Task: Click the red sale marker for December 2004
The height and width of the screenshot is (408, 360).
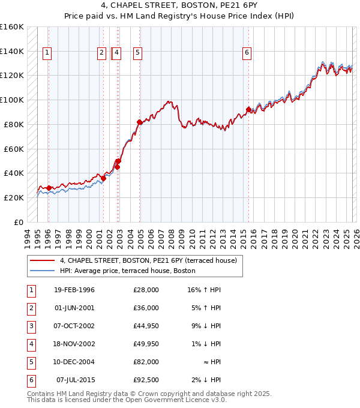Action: pyautogui.click(x=140, y=122)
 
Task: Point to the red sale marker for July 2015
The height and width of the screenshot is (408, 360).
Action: pyautogui.click(x=248, y=109)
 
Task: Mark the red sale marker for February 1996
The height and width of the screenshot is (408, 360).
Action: pyautogui.click(x=49, y=188)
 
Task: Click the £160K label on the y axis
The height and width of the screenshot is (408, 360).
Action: pyautogui.click(x=12, y=27)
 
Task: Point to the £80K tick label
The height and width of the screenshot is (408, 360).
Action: pyautogui.click(x=14, y=124)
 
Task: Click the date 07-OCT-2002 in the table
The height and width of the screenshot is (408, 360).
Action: pyautogui.click(x=74, y=326)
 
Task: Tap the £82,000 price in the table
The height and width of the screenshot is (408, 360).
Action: pyautogui.click(x=146, y=362)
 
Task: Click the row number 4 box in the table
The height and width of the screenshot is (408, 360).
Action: pyautogui.click(x=31, y=344)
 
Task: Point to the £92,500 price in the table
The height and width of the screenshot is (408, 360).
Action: pyautogui.click(x=146, y=380)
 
